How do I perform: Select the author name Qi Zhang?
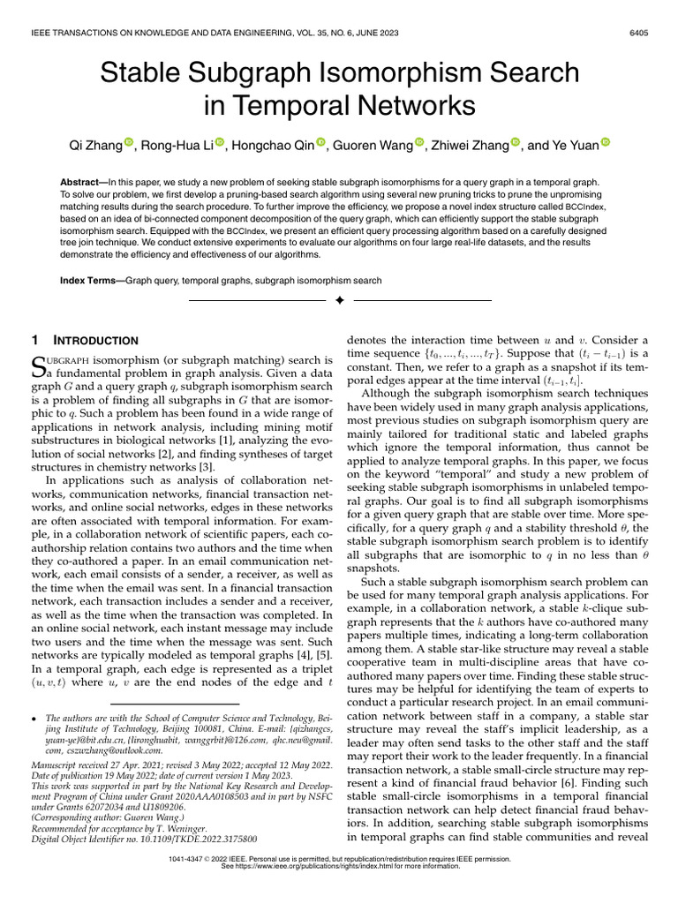point(94,144)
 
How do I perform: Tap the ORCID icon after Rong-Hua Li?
point(220,143)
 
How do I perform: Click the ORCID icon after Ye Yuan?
point(606,143)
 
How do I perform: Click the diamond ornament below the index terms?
point(339,302)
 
